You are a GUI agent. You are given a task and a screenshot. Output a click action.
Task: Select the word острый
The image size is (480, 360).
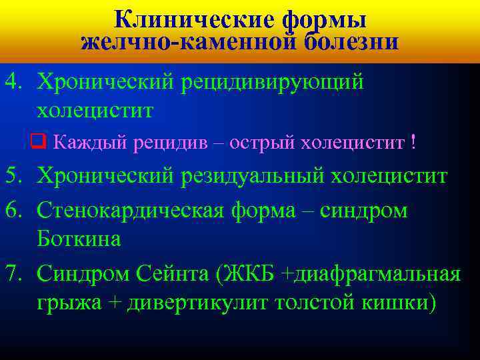[x=263, y=141]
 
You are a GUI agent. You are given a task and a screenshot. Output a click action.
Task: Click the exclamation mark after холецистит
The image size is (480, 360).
[x=414, y=141]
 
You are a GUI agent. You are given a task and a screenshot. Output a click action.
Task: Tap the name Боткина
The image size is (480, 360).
[x=79, y=238]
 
